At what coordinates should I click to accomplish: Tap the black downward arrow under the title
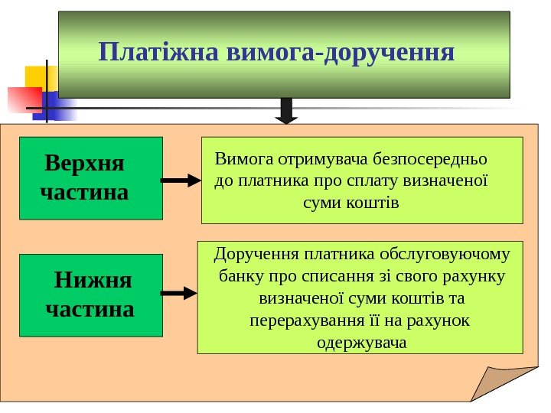pos(287,110)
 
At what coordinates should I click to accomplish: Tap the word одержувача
pos(361,342)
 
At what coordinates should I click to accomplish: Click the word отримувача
pos(316,161)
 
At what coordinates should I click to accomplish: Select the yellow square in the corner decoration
pos(37,76)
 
